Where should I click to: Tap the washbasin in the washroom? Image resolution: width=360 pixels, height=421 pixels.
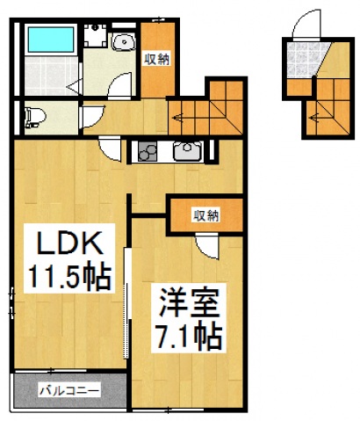(122, 41)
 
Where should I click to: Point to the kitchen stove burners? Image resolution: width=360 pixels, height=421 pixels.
(147, 153)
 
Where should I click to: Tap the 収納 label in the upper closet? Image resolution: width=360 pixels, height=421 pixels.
(157, 59)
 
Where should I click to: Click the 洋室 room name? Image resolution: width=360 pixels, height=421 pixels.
(183, 301)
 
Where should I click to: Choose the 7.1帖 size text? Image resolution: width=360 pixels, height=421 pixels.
(185, 334)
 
